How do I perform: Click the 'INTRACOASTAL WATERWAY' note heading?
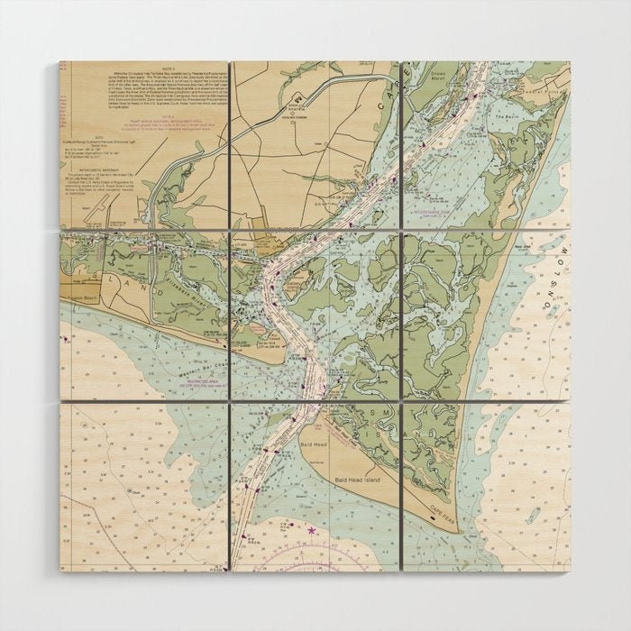99,168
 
